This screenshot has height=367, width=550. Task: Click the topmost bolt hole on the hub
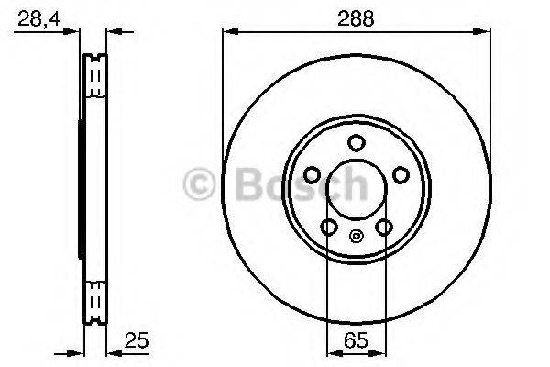(x=356, y=142)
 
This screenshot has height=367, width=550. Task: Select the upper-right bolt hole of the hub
(x=400, y=174)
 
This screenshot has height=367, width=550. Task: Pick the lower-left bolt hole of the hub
(x=328, y=227)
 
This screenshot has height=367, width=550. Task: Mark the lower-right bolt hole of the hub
(x=384, y=227)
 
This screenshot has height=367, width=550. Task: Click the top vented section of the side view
(x=95, y=77)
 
